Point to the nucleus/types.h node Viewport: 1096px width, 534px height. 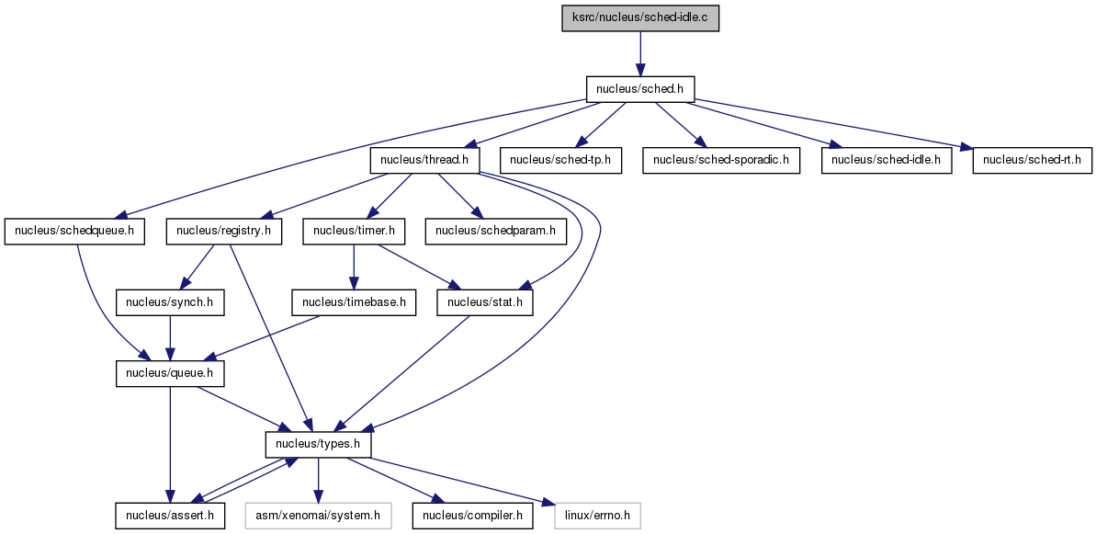[x=318, y=445]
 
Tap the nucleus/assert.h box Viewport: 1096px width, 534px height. [x=170, y=516]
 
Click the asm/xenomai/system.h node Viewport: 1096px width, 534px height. [x=318, y=516]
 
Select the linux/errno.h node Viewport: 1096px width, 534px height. [x=597, y=516]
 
